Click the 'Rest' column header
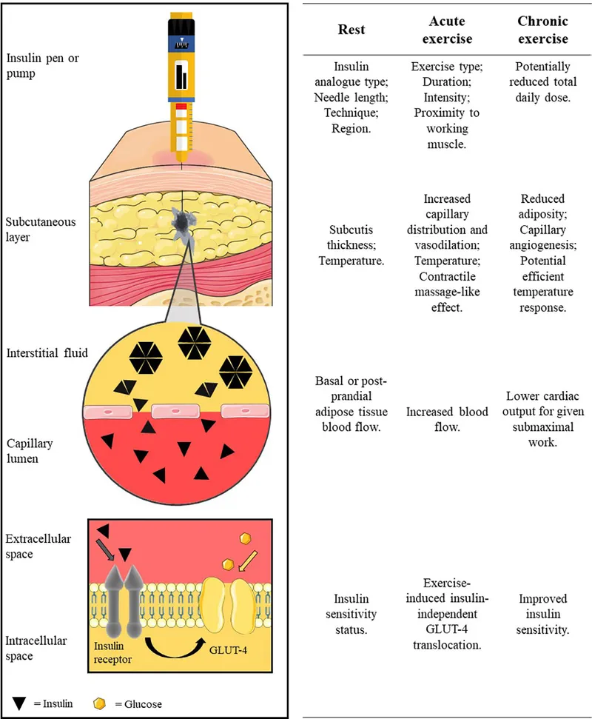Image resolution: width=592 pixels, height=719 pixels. tap(351, 30)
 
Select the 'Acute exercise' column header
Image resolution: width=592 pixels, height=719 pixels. tap(447, 30)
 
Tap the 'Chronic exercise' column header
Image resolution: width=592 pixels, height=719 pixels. tap(542, 30)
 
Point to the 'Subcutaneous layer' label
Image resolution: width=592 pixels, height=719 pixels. tap(40, 230)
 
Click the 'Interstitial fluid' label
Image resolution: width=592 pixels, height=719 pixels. tap(46, 353)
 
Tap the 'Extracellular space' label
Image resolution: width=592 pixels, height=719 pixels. tap(38, 546)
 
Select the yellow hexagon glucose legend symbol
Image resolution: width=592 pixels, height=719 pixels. tap(101, 702)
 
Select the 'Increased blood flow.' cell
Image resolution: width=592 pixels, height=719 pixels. tap(447, 419)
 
